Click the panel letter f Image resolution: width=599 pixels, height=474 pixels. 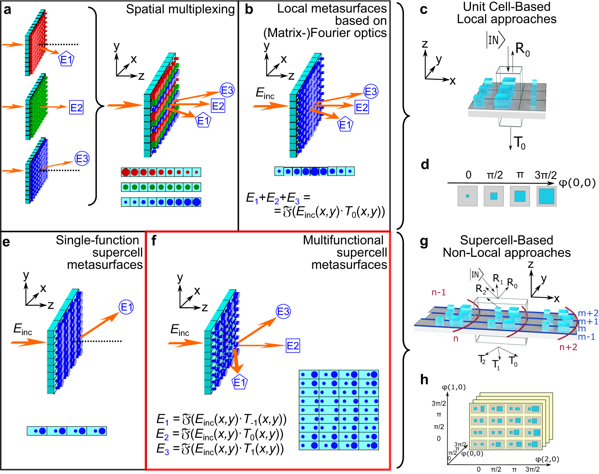pos(154,241)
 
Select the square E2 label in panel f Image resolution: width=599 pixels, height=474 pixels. pos(293,346)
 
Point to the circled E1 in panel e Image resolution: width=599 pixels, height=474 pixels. pos(126,308)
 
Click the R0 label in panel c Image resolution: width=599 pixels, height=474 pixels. pos(522,50)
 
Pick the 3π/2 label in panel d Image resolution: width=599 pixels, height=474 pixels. pos(546,175)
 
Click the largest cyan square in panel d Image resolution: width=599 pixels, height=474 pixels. pos(546,196)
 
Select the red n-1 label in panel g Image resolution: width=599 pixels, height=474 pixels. pos(438,293)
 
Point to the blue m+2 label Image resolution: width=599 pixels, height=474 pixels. pos(588,313)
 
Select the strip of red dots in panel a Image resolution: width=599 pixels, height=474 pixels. pos(161,172)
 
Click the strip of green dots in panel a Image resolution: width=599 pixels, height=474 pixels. pos(161,187)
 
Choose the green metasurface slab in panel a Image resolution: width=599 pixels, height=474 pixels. pos(36,107)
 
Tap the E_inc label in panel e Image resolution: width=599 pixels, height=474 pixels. pos(22,329)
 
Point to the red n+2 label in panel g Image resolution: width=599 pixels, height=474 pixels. pos(568,347)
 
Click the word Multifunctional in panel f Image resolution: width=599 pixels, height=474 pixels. pos(343,240)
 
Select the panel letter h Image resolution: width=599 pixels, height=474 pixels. pos(424,380)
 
